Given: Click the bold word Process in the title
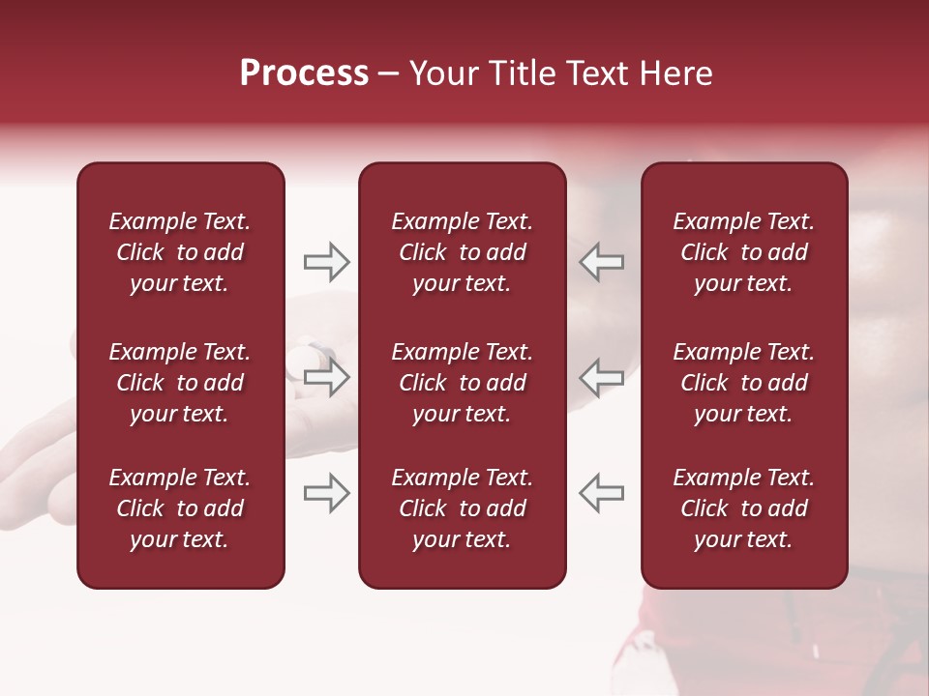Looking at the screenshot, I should point(304,73).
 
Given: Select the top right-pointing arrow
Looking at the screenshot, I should point(326,262).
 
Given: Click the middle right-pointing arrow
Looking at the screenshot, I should point(326,377).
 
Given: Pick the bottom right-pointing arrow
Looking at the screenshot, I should point(326,493).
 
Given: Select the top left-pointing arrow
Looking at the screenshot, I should point(602,262).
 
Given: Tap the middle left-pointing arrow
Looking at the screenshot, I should point(602,377).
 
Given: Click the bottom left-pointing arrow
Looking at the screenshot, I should point(602,493).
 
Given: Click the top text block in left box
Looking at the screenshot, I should point(180,252).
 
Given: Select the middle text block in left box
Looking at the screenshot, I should point(180,383).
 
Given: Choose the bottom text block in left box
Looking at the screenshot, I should point(180,508).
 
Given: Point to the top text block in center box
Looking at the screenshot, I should point(462,252).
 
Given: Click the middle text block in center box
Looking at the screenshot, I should point(462,383).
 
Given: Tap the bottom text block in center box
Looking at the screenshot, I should point(462,508).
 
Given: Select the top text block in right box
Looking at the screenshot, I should point(743,252).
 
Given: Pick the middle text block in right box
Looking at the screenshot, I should point(743,383).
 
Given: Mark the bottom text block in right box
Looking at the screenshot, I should point(743,508).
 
